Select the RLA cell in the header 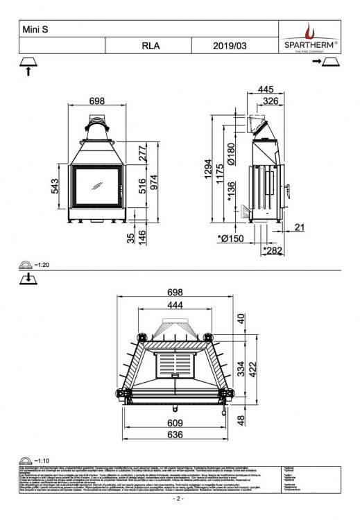click(151, 46)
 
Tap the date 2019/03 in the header click(229, 46)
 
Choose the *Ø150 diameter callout click(231, 239)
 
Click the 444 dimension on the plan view click(174, 305)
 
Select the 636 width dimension click(174, 435)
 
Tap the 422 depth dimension click(255, 369)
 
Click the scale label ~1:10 click(43, 460)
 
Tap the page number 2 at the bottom click(180, 499)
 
